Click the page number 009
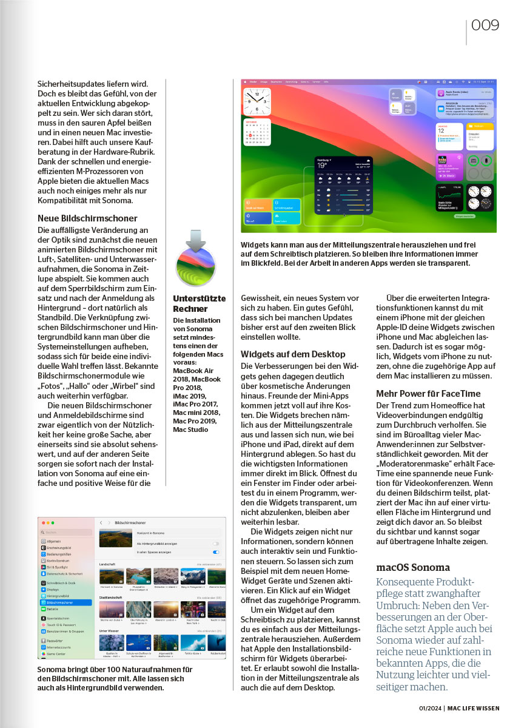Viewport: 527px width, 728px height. [x=485, y=25]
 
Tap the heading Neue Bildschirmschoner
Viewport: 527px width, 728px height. [x=87, y=218]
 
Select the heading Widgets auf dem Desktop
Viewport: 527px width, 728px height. [x=293, y=354]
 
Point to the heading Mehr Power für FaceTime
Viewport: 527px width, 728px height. [x=430, y=393]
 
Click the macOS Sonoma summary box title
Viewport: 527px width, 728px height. [x=413, y=568]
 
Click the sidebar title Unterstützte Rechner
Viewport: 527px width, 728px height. [x=199, y=304]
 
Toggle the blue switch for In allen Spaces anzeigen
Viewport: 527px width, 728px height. [x=216, y=552]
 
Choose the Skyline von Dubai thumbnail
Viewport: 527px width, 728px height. [x=111, y=610]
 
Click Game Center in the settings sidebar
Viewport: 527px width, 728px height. [x=57, y=653]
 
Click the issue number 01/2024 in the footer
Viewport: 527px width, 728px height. [x=430, y=708]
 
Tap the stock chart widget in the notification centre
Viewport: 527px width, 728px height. [x=450, y=196]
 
